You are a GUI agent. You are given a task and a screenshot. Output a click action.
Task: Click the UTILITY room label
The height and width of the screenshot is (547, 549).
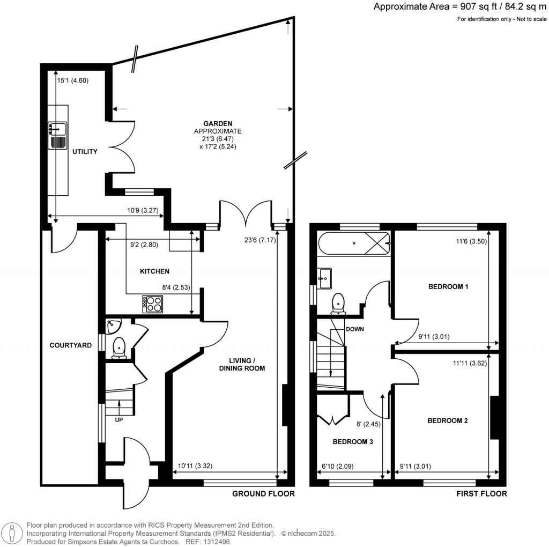click(85, 152)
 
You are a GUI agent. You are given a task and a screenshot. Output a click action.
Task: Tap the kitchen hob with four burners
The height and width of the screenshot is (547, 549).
click(152, 304)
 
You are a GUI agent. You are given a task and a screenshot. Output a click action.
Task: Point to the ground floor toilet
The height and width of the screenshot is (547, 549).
click(118, 348)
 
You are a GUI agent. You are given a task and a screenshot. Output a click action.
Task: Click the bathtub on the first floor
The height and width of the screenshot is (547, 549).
click(354, 243)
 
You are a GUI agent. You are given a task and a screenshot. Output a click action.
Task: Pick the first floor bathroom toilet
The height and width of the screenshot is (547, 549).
click(338, 303)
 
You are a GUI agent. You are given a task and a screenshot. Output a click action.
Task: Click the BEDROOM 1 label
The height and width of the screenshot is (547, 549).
click(448, 287)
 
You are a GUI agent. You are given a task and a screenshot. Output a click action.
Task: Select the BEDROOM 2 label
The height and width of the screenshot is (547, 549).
click(447, 421)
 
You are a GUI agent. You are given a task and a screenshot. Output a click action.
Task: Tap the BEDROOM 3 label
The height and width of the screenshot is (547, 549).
click(353, 442)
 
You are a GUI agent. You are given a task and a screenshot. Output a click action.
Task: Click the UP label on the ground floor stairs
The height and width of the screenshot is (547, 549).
click(118, 420)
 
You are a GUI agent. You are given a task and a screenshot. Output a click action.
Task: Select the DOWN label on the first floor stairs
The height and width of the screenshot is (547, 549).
click(355, 329)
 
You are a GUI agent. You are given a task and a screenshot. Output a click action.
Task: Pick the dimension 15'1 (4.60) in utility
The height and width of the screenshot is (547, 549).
click(73, 81)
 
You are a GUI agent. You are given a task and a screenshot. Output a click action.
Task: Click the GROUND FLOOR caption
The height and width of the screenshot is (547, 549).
click(263, 494)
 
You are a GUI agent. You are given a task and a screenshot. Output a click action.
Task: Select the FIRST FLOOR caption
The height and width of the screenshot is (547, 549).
click(481, 494)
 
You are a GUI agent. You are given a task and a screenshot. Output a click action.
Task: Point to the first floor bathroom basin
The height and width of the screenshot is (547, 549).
click(324, 277)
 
